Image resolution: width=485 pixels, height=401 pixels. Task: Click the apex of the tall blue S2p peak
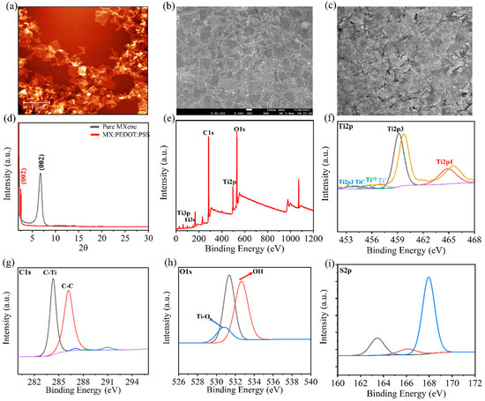[x=429, y=278]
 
